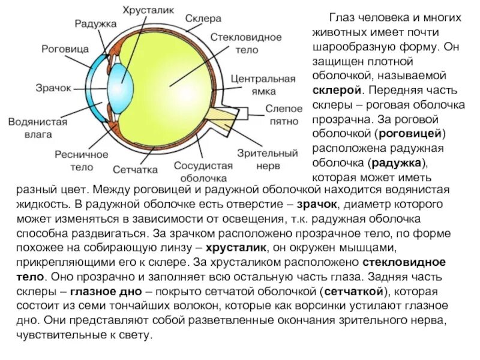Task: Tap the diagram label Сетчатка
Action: coord(134,170)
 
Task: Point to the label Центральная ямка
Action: coord(262,85)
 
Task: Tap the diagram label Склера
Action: coord(203,19)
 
